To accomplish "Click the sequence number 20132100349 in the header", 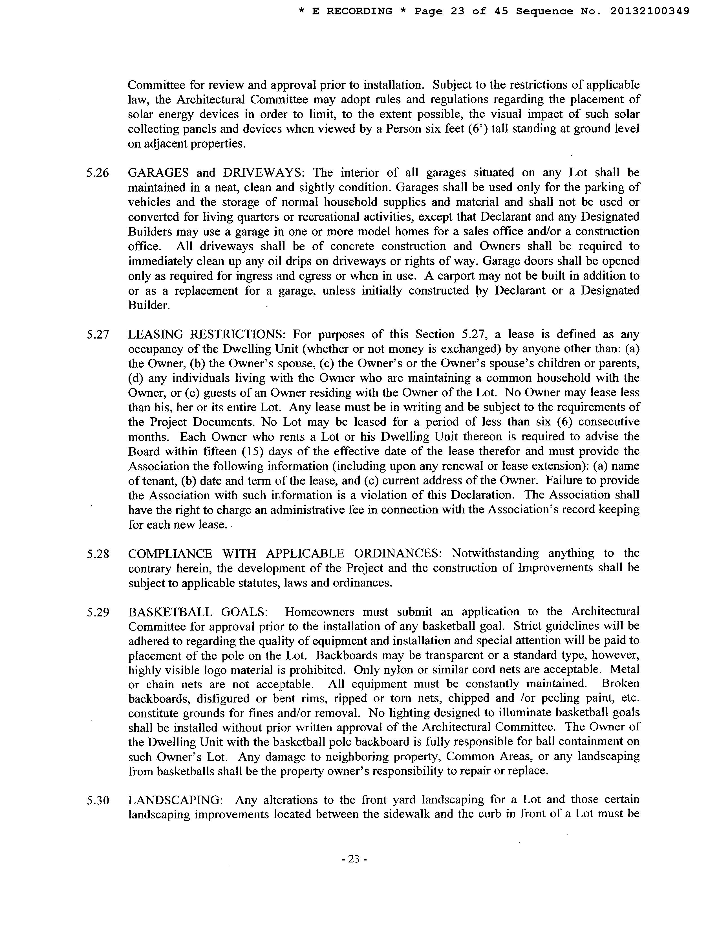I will point(650,12).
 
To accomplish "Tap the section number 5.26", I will point(98,173).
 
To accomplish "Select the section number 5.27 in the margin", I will point(98,335).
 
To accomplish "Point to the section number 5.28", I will point(98,554).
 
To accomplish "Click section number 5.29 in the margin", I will point(98,612).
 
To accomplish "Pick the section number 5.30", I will point(98,800).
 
